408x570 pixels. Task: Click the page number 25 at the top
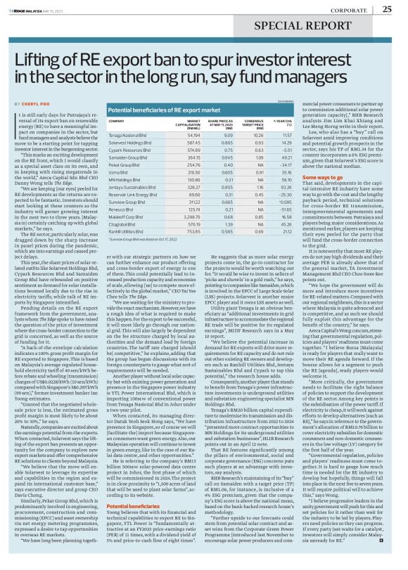click(x=388, y=9)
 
